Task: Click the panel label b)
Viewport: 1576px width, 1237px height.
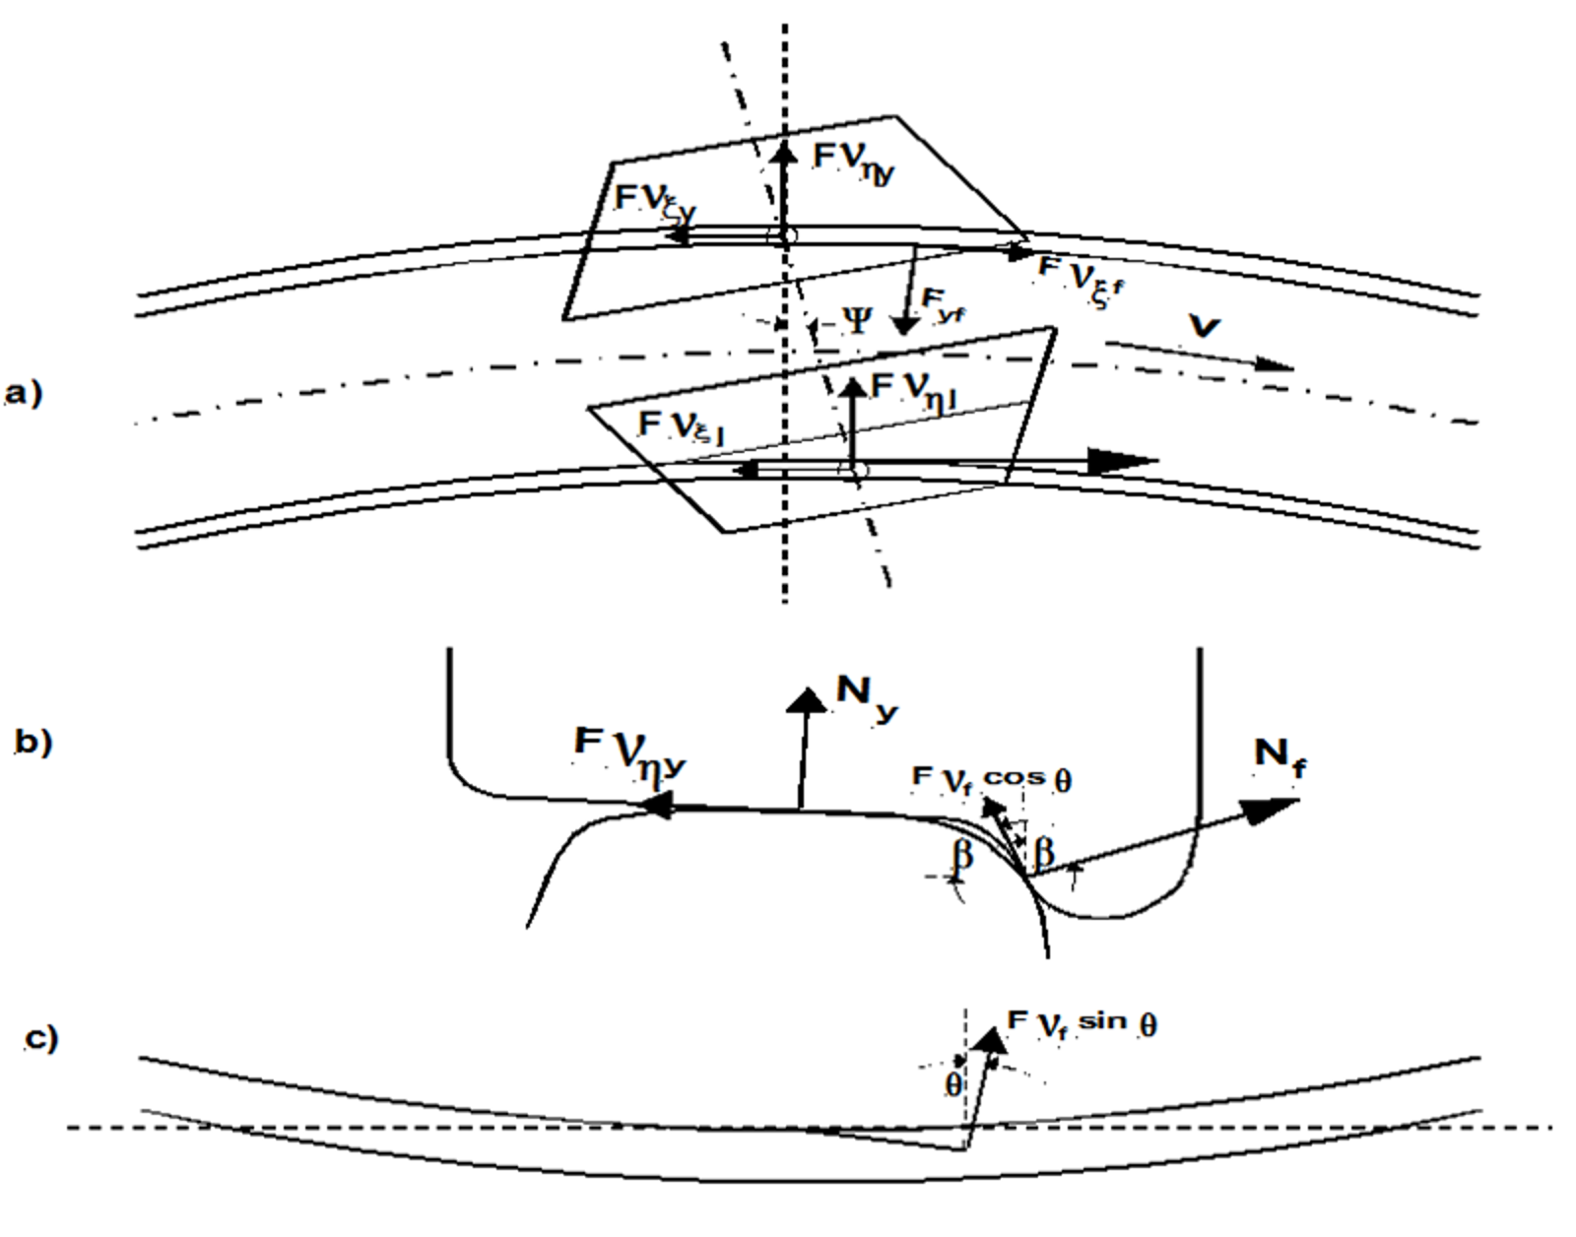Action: [x=33, y=742]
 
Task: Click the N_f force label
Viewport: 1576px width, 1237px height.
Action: [x=1280, y=757]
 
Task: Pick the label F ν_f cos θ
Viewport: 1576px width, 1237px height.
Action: [x=992, y=778]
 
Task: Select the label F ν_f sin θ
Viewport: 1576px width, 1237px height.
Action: [x=1082, y=1022]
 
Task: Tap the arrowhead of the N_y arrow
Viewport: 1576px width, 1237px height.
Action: [x=810, y=697]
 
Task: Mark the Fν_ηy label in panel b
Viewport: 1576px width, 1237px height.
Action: [x=630, y=753]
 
